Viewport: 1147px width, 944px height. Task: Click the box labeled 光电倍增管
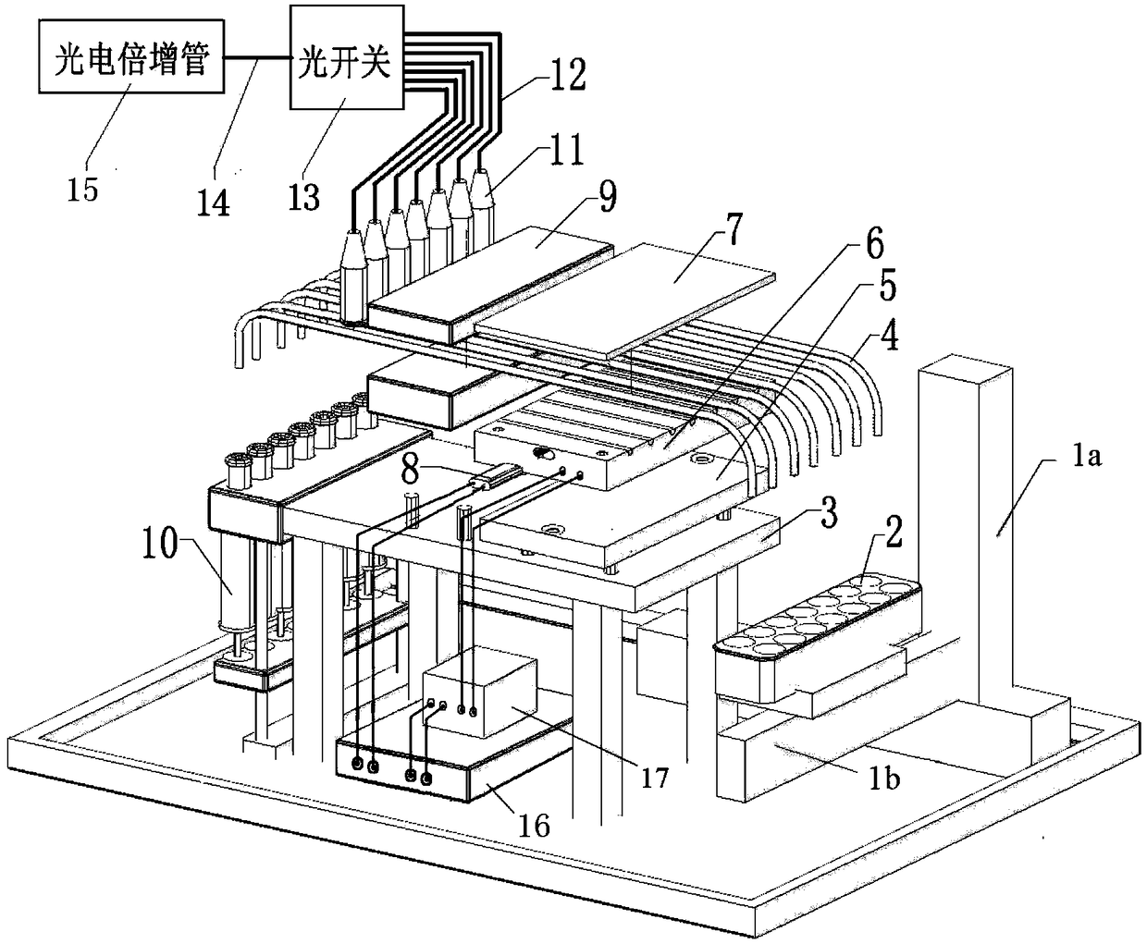click(131, 56)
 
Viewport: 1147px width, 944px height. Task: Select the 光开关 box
click(347, 57)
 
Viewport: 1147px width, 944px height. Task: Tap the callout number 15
click(82, 190)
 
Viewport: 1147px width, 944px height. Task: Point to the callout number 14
click(213, 202)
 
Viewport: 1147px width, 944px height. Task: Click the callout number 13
click(304, 197)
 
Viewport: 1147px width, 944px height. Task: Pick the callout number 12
click(568, 75)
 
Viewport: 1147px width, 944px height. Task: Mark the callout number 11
click(565, 149)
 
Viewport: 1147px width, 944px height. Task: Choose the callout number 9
click(607, 196)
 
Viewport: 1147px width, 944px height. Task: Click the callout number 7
click(734, 229)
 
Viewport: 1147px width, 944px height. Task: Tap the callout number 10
click(160, 542)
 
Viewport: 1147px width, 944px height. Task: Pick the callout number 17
click(654, 778)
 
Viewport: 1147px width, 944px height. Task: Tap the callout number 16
click(534, 827)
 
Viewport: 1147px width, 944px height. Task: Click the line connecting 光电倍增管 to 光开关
click(257, 57)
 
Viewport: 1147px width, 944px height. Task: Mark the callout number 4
click(889, 336)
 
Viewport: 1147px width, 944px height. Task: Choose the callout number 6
click(874, 244)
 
